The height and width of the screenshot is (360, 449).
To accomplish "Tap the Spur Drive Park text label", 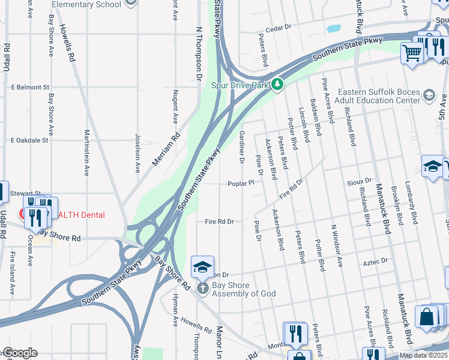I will click(241, 85).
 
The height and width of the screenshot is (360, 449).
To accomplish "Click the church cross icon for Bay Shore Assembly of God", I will click(203, 289).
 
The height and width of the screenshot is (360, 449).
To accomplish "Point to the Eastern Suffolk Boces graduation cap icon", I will click(429, 95).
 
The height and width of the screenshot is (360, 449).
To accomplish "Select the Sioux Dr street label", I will click(360, 180).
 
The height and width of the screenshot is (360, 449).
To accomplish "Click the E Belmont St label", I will click(29, 87).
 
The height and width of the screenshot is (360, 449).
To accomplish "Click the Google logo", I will click(19, 353).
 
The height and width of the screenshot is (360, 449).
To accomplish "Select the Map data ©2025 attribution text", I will click(424, 355).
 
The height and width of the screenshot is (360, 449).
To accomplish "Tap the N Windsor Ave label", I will click(337, 246).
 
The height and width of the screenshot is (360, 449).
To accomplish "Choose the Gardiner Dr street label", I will click(242, 148).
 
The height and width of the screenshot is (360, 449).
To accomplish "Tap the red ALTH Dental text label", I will click(81, 215).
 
